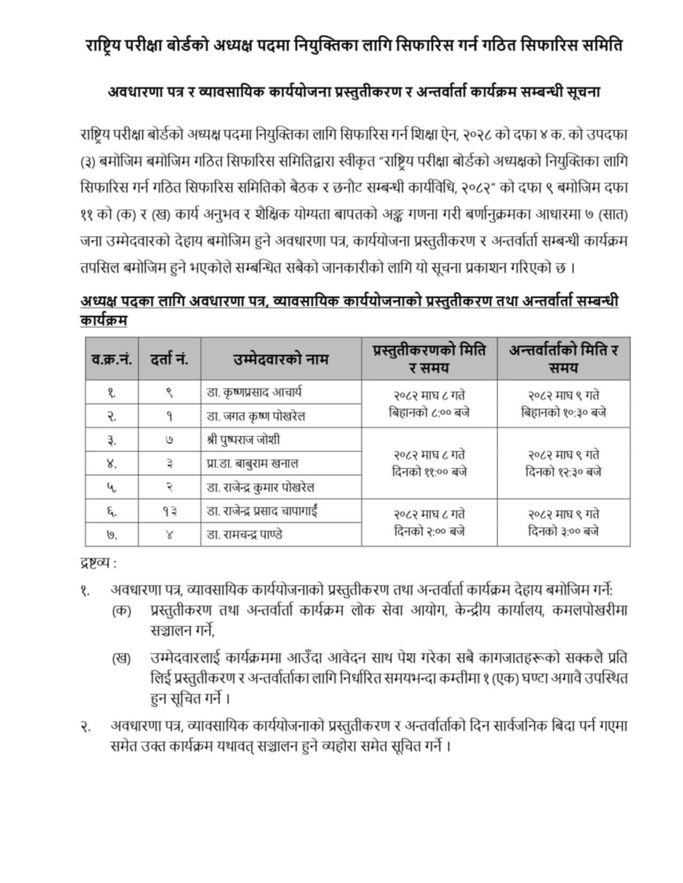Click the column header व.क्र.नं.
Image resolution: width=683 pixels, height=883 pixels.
point(111,359)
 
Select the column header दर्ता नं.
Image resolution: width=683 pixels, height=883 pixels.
point(169,359)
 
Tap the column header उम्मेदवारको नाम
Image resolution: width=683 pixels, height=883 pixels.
point(281,359)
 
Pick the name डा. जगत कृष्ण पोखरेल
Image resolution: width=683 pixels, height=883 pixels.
point(256,416)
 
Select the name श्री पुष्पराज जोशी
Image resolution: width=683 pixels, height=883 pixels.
point(243,440)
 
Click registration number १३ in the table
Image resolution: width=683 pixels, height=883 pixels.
point(169,512)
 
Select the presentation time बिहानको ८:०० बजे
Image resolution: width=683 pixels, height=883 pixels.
point(429,413)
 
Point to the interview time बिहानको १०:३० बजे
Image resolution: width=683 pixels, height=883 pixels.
point(564,413)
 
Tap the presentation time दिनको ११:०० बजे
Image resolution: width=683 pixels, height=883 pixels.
point(429,472)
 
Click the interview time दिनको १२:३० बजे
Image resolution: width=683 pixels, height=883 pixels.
point(564,472)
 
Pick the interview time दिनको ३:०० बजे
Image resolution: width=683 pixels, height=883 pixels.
point(564,531)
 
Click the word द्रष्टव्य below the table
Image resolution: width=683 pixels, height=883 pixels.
point(95,563)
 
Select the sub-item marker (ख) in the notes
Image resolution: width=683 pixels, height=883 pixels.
point(122,658)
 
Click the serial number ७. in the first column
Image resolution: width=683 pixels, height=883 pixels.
point(111,535)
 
